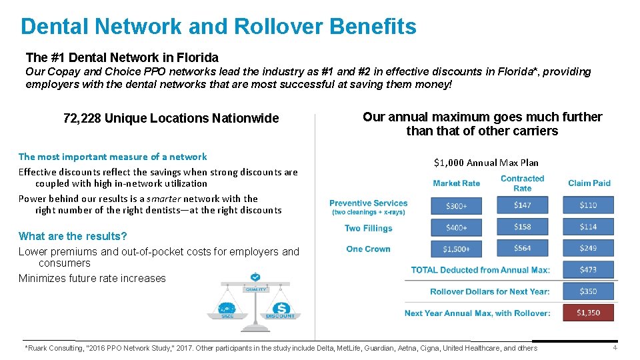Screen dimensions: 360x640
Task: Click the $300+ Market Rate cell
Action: [x=456, y=206]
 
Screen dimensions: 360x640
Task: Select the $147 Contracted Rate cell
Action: [x=523, y=206]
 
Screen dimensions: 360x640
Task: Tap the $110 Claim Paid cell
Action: [x=588, y=206]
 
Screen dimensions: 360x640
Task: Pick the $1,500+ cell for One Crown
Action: [x=456, y=249]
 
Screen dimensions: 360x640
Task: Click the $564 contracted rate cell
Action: [x=523, y=249]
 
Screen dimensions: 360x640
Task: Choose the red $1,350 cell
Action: [x=588, y=313]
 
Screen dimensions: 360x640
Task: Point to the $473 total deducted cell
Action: [x=588, y=270]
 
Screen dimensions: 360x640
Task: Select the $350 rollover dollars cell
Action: [x=588, y=291]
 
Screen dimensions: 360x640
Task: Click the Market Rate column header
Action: [x=456, y=183]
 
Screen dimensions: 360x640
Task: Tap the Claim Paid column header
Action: [x=589, y=183]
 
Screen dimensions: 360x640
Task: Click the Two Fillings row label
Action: [x=368, y=228]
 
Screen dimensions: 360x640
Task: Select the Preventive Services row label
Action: [x=368, y=203]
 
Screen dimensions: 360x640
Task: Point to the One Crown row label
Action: [x=368, y=249]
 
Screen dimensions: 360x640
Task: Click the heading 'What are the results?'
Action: [x=73, y=236]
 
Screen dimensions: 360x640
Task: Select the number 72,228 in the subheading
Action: [x=81, y=119]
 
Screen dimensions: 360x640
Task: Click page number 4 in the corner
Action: [x=615, y=348]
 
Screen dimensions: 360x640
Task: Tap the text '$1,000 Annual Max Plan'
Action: [x=486, y=163]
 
